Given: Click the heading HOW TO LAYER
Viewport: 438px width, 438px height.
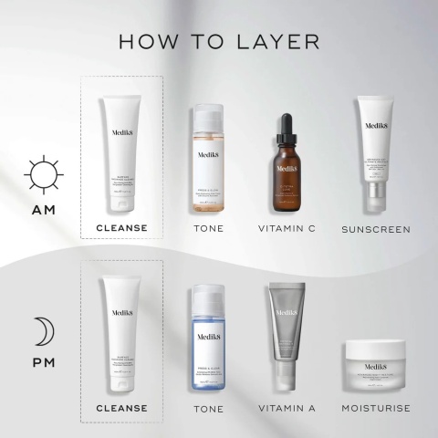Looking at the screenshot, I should [218, 42].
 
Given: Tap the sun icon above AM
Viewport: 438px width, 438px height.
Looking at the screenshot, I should [42, 174].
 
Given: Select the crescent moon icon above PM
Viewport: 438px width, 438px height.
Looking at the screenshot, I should [42, 331].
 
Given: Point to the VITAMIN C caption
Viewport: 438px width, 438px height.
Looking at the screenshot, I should [287, 228].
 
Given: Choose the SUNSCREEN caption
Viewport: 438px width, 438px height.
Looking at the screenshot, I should [376, 228].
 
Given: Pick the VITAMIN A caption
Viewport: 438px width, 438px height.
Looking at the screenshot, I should [287, 407].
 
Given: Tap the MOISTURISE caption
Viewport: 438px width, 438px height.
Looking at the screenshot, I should [376, 407].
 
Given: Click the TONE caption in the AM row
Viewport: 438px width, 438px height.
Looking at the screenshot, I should [208, 228].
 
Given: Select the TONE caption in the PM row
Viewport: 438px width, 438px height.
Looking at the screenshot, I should [208, 407].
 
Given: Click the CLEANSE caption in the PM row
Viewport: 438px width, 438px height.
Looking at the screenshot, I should [121, 407].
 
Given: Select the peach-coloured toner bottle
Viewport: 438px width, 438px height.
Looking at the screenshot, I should [208, 164].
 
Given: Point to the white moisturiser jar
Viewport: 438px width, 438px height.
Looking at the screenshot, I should [376, 365].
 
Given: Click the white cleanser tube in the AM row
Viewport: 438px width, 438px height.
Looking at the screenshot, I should [122, 151].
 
